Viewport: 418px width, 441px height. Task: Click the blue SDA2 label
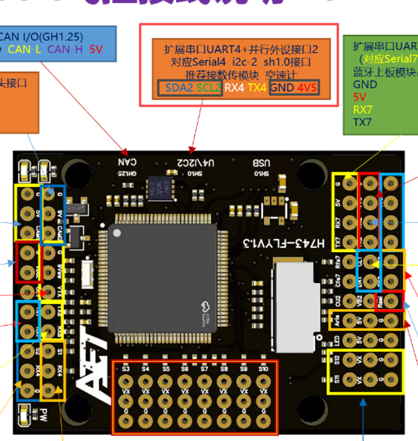[x=179, y=88]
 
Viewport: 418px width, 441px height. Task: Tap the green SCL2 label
[x=208, y=88]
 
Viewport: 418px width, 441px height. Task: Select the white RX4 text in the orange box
[x=234, y=88]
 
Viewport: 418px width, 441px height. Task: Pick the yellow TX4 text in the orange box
[x=257, y=88]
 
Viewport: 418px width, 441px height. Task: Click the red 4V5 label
[x=307, y=88]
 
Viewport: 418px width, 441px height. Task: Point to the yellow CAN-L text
[x=24, y=50]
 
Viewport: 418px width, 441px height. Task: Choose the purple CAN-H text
[x=65, y=50]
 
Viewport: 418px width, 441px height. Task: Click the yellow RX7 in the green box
[x=362, y=110]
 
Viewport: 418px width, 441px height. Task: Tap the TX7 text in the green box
[x=362, y=122]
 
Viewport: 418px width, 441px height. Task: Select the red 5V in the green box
[x=359, y=97]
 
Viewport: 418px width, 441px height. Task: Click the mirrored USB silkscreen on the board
[x=261, y=163]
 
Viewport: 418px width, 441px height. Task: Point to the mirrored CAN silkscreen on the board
[x=127, y=162]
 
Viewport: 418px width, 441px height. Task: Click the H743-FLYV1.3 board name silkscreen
[x=284, y=243]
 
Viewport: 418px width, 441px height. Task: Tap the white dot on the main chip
[x=117, y=233]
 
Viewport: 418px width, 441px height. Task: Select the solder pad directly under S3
[x=126, y=382]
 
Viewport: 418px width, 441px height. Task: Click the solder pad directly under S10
[x=263, y=382]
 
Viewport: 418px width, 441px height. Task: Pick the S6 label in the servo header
[x=185, y=369]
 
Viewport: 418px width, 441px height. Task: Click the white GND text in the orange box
[x=282, y=88]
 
